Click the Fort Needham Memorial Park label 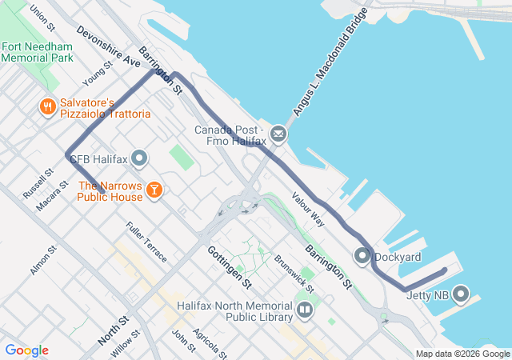[37, 51]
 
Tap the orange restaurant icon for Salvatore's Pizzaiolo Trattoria [48, 106]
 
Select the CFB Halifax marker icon [140, 158]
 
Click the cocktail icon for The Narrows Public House [154, 190]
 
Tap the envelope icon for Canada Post [278, 133]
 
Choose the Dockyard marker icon [362, 257]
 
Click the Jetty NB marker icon [461, 295]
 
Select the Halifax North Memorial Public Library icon [304, 310]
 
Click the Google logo [26, 350]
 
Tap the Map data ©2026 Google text [462, 354]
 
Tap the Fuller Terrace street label [146, 242]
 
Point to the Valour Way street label [308, 210]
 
